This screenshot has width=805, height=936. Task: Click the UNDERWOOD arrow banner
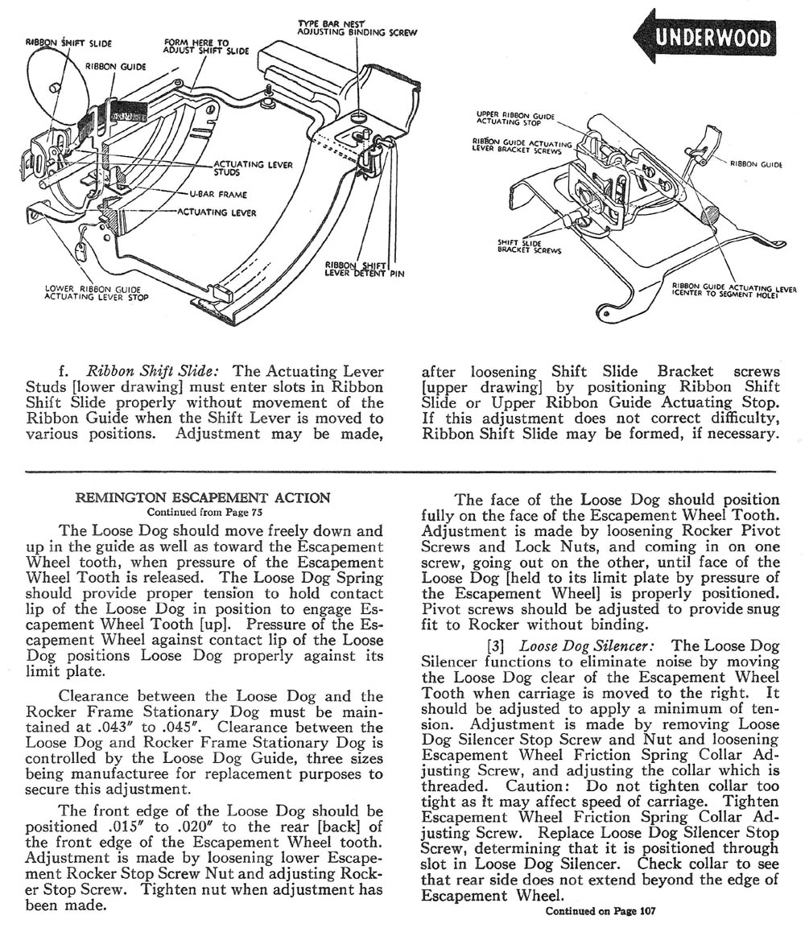[x=706, y=38]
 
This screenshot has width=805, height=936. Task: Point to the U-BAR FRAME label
[x=218, y=194]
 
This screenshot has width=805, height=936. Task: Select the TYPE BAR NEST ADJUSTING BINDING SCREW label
[x=357, y=28]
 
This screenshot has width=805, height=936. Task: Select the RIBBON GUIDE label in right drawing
[x=756, y=163]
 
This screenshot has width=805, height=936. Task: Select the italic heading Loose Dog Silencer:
[x=592, y=645]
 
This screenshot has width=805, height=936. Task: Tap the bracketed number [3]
[x=499, y=645]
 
